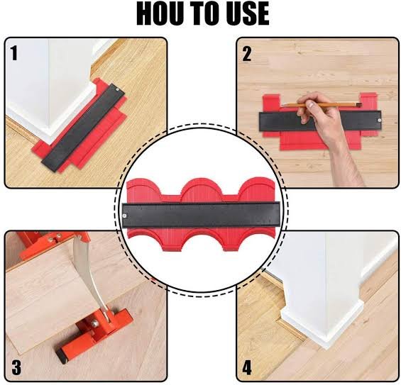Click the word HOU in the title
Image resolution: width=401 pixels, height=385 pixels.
pos(160,14)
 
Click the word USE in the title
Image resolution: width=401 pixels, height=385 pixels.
pos(246,14)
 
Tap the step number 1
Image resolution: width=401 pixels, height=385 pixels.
pos(14,53)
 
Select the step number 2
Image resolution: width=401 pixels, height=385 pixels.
pos(246,54)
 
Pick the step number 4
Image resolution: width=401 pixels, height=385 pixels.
pos(247,367)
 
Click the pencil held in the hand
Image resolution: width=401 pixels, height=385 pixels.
pos(322,105)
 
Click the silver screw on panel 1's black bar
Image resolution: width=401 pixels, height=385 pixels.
pos(117,89)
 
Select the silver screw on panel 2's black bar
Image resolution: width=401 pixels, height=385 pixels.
pos(380,120)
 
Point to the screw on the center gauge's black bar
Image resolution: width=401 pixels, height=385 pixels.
pos(124,216)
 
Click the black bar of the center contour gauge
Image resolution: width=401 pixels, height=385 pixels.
pos(202,215)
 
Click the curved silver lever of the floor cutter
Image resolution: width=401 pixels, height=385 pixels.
pos(88,274)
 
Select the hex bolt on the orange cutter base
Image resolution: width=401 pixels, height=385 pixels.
pos(94,324)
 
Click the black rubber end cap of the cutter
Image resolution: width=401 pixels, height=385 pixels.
pos(60,357)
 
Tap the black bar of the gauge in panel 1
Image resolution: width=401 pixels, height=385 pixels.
pos(83,127)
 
